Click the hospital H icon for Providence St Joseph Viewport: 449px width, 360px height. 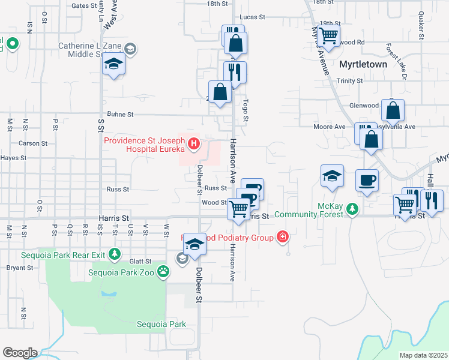point(193,143)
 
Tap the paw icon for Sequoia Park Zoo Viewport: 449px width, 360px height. point(163,272)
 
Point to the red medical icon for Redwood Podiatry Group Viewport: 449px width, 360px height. point(282,238)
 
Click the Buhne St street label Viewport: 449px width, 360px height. point(120,113)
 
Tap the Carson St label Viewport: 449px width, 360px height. point(32,143)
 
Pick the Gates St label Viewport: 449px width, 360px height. point(84,5)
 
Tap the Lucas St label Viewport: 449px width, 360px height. point(252,17)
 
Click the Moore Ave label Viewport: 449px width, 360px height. point(330,127)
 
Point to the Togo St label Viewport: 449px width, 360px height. point(245,112)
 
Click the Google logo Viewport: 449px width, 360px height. point(20,353)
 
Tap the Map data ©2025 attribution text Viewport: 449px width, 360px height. point(423,355)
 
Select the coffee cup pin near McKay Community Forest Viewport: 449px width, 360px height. point(367,180)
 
